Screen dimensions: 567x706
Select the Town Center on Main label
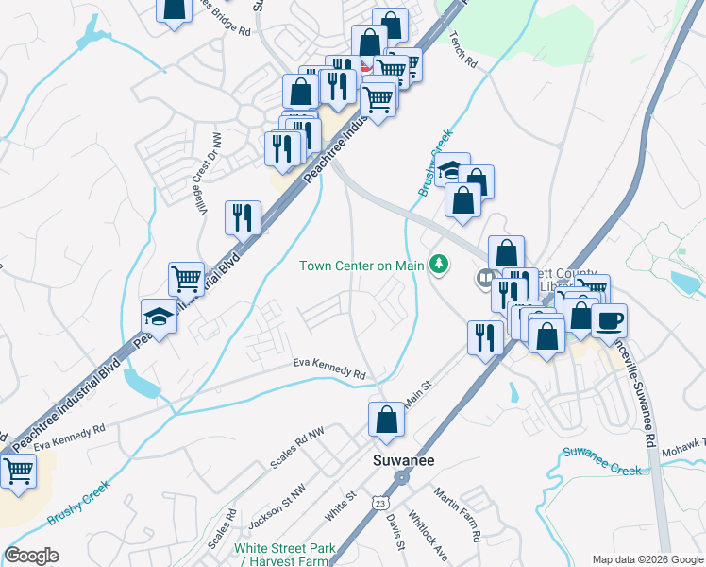click(x=361, y=266)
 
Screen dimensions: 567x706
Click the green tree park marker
click(x=438, y=264)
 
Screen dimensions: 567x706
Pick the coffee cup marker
click(x=609, y=319)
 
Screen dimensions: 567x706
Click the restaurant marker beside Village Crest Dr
click(x=243, y=217)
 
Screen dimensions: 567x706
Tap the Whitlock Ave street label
click(x=428, y=534)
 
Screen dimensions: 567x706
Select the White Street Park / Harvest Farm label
click(x=284, y=555)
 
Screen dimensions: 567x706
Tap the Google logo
click(x=31, y=556)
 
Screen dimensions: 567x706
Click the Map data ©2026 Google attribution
click(x=647, y=559)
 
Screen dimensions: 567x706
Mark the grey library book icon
click(x=485, y=277)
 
